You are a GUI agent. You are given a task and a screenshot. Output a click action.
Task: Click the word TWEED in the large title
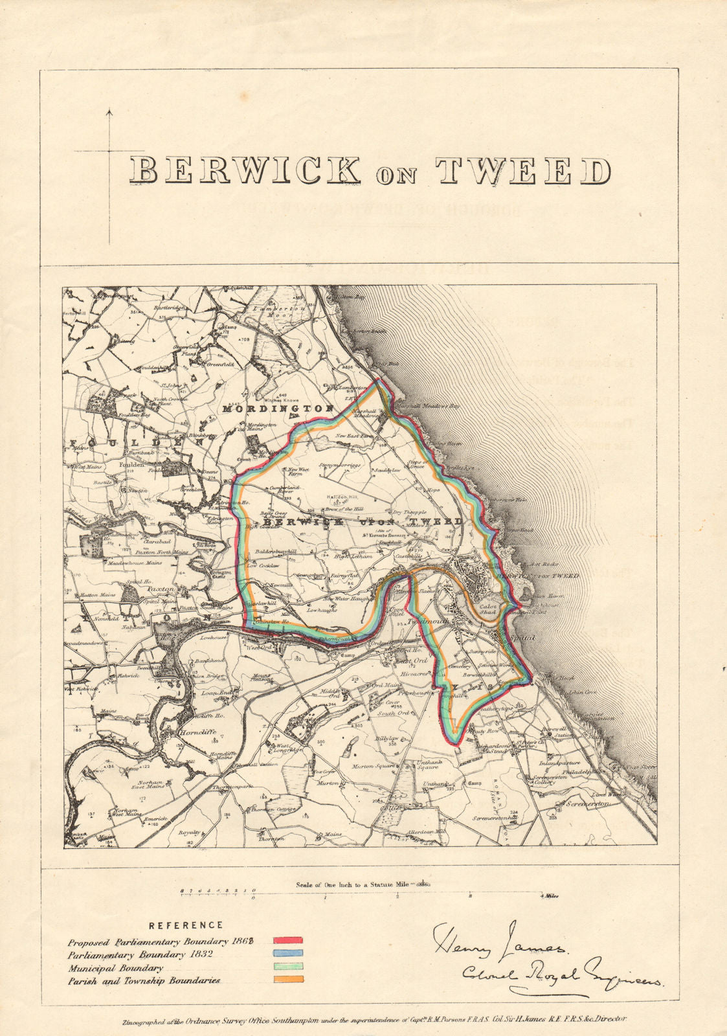524,171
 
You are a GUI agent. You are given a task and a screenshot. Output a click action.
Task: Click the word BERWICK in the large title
244,171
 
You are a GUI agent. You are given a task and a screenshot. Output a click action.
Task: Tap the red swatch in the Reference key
288,940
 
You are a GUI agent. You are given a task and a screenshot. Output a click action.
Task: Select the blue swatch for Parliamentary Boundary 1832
288,954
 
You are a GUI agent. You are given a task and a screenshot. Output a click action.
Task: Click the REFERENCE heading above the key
186,925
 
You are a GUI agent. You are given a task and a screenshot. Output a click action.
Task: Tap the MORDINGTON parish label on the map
278,409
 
